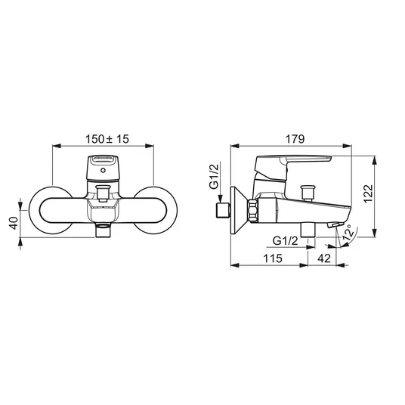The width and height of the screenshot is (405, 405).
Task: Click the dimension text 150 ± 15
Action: (x=107, y=139)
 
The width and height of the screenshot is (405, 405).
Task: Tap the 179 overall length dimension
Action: (x=295, y=139)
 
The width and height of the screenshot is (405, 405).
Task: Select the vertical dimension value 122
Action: (x=369, y=194)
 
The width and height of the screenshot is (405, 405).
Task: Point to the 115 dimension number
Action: (x=273, y=258)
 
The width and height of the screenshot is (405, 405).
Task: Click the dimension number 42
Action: (x=324, y=258)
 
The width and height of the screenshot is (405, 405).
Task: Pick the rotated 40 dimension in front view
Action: (x=14, y=223)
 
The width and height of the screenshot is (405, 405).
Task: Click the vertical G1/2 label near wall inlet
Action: (x=215, y=177)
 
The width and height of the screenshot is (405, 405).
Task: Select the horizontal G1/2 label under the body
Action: (x=286, y=241)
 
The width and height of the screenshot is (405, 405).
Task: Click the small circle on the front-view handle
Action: (x=103, y=170)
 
